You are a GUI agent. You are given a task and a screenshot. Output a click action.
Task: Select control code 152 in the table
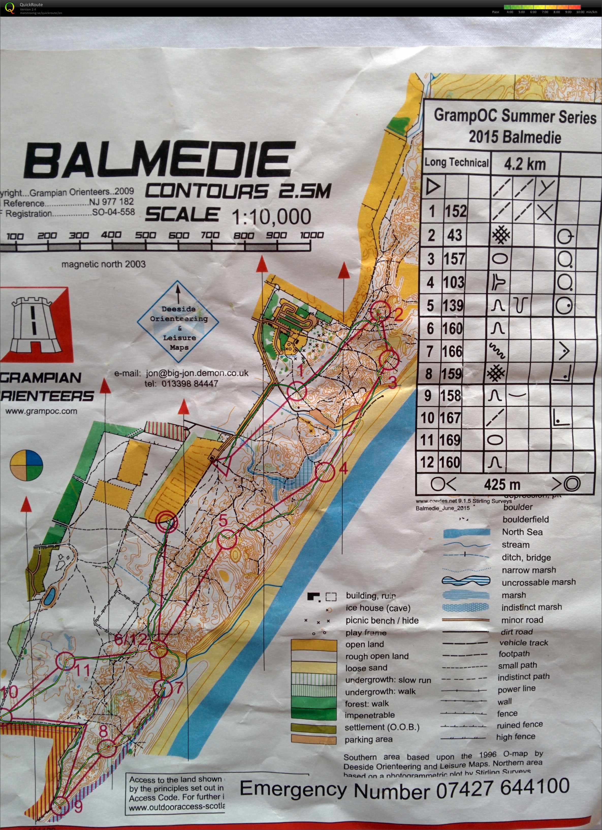tap(456, 211)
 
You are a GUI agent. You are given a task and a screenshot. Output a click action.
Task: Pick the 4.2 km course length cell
tap(525, 164)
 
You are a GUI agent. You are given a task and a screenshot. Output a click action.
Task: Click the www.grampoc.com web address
tap(41, 411)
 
